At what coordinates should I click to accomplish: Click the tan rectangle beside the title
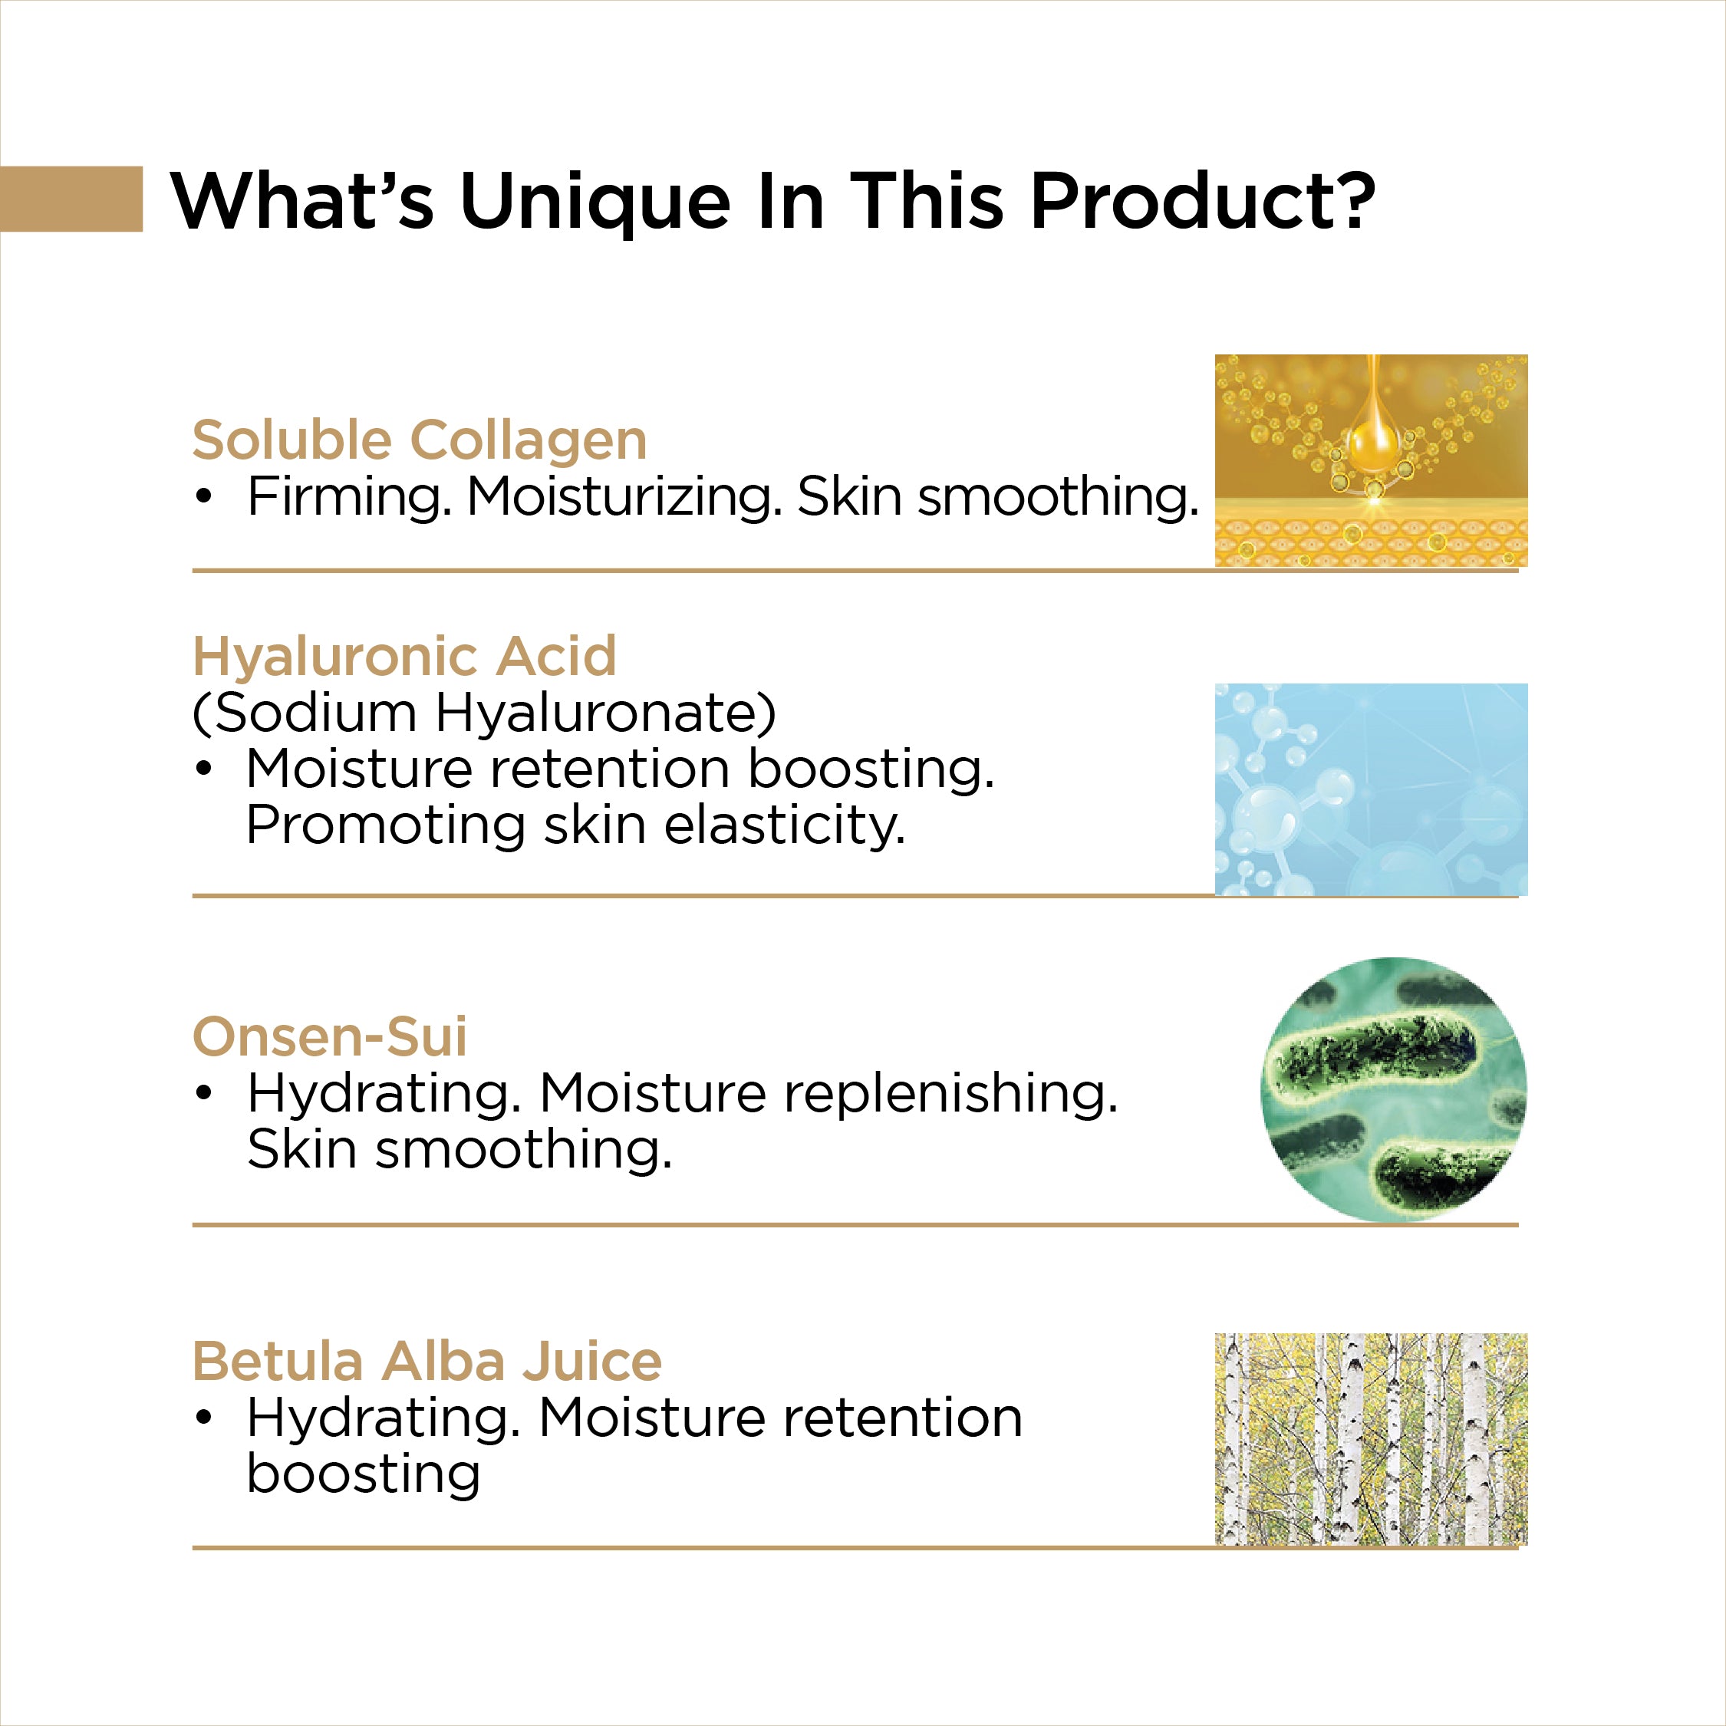coord(71,199)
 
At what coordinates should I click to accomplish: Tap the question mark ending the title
coord(1349,199)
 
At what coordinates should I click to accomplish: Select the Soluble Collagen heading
coord(420,441)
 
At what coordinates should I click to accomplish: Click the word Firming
coord(349,498)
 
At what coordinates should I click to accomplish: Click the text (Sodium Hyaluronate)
coord(484,714)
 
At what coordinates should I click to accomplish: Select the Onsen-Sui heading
coord(330,1036)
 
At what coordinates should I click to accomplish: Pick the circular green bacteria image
coord(1394,1089)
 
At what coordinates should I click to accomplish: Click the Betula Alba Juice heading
coord(427,1362)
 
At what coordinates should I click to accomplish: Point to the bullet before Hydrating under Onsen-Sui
coord(205,1093)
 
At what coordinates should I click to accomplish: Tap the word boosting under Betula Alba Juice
coord(364,1475)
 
